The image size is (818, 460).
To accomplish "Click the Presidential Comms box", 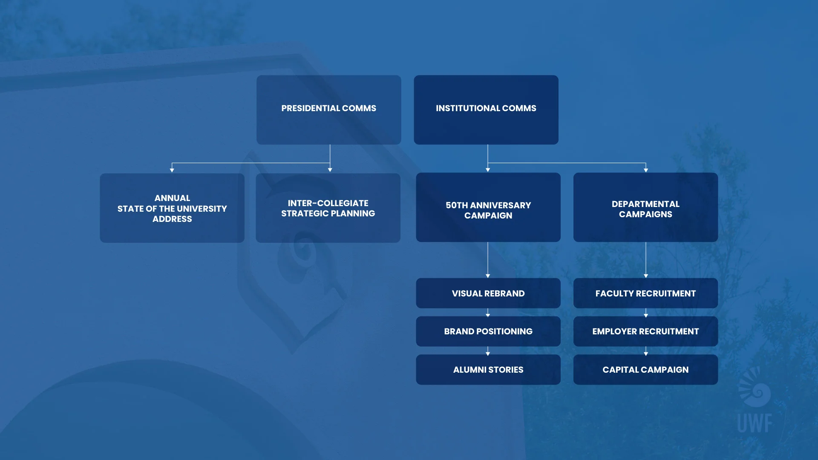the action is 328,110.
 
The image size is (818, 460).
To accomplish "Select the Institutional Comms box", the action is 486,110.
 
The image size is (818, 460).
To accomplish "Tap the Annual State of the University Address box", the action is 172,208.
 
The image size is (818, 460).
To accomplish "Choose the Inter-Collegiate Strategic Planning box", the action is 328,208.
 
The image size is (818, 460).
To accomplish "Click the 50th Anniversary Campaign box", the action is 488,207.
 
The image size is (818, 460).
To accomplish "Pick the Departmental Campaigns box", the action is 645,207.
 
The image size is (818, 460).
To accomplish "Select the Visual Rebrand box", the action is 488,293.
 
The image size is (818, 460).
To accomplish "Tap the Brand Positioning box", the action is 488,331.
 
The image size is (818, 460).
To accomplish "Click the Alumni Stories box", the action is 488,370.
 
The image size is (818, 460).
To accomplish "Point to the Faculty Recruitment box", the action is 645,293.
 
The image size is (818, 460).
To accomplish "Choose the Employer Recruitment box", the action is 645,331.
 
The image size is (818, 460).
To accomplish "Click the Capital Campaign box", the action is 645,370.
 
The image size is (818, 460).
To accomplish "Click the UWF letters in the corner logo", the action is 755,423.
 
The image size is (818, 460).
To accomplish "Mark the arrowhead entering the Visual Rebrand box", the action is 488,276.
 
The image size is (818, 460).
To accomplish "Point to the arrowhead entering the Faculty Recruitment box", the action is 646,276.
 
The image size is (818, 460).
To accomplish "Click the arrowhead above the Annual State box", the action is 172,170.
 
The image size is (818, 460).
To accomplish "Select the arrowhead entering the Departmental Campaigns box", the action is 646,170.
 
